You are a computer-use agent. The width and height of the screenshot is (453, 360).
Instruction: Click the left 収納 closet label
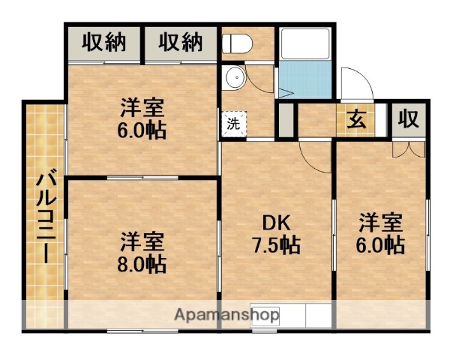[x=103, y=43]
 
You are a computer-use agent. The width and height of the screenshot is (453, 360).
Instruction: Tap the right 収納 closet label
[x=181, y=43]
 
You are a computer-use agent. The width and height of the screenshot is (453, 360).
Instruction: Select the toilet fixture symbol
[x=237, y=43]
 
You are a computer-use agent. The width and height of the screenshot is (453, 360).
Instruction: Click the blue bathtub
[x=306, y=75]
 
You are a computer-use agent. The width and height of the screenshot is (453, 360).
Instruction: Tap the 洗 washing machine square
[x=233, y=124]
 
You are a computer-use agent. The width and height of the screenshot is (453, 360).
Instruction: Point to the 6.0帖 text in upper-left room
[x=141, y=130]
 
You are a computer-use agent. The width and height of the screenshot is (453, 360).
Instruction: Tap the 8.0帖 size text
[x=141, y=264]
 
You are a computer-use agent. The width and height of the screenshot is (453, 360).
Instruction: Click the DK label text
[x=275, y=223]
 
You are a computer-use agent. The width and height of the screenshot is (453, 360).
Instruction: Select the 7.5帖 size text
[x=275, y=245]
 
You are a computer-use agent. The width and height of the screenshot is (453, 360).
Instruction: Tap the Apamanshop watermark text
[x=228, y=315]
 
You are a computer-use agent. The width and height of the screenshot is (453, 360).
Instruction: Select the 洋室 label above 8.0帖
[x=141, y=241]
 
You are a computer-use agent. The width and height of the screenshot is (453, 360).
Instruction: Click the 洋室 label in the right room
[x=380, y=222]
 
